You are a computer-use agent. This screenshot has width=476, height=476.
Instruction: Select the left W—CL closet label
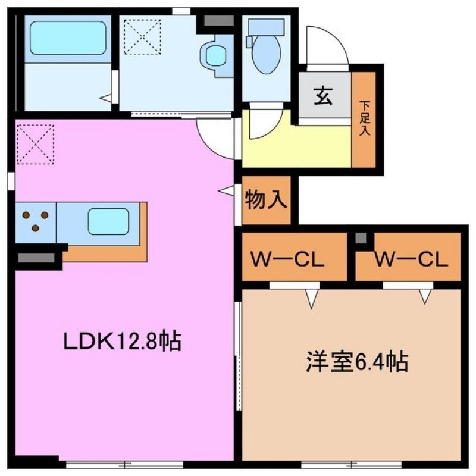[287, 259]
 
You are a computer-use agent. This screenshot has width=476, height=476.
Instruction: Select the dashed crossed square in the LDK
[35, 143]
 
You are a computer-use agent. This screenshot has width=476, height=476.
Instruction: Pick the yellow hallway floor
[297, 146]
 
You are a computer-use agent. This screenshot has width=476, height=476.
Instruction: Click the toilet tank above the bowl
[266, 27]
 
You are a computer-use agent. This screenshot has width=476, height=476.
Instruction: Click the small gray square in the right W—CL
[361, 239]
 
